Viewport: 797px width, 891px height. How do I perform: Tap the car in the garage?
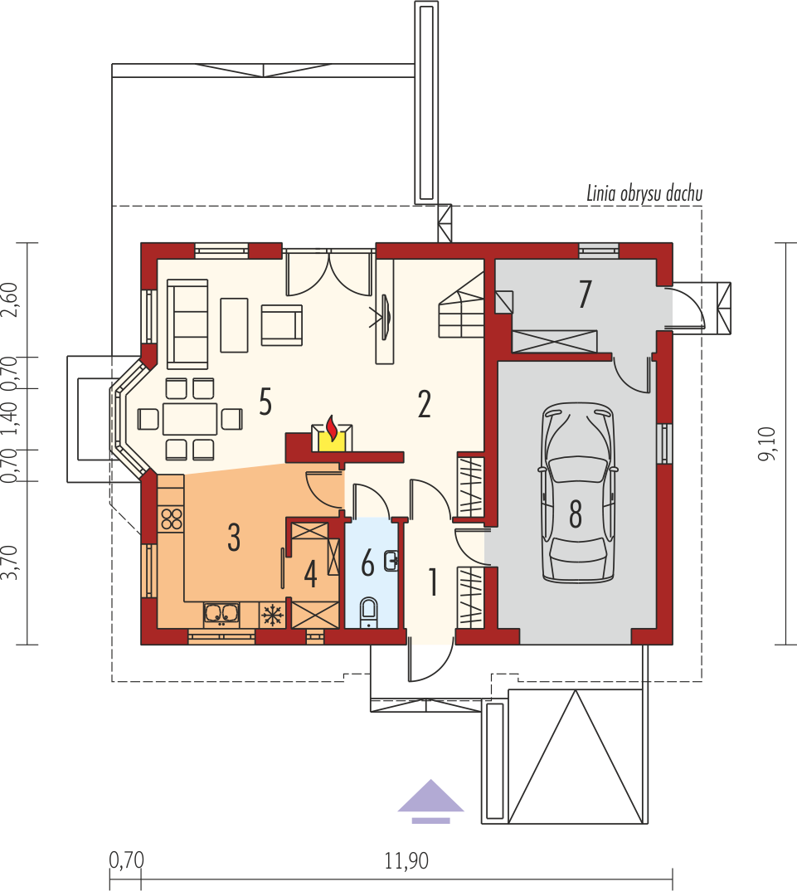click(x=577, y=491)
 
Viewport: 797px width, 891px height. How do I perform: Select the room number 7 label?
click(x=586, y=294)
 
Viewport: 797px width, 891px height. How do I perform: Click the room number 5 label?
click(x=265, y=402)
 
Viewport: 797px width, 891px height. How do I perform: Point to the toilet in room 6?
click(x=369, y=612)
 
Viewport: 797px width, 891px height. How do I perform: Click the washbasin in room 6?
click(x=391, y=561)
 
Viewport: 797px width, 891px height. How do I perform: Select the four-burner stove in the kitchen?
click(x=172, y=519)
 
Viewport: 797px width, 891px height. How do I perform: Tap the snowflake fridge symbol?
click(x=271, y=615)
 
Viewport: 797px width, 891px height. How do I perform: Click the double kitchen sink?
click(x=221, y=613)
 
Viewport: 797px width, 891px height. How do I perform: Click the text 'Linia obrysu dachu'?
click(x=644, y=194)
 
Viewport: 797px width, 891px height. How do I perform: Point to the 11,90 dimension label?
click(x=406, y=861)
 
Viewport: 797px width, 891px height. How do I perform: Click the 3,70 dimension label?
click(x=10, y=562)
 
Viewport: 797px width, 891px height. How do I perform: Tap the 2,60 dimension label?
click(x=10, y=299)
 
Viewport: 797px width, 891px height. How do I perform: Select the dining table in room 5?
click(x=190, y=419)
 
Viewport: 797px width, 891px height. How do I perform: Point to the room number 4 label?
click(x=310, y=574)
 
